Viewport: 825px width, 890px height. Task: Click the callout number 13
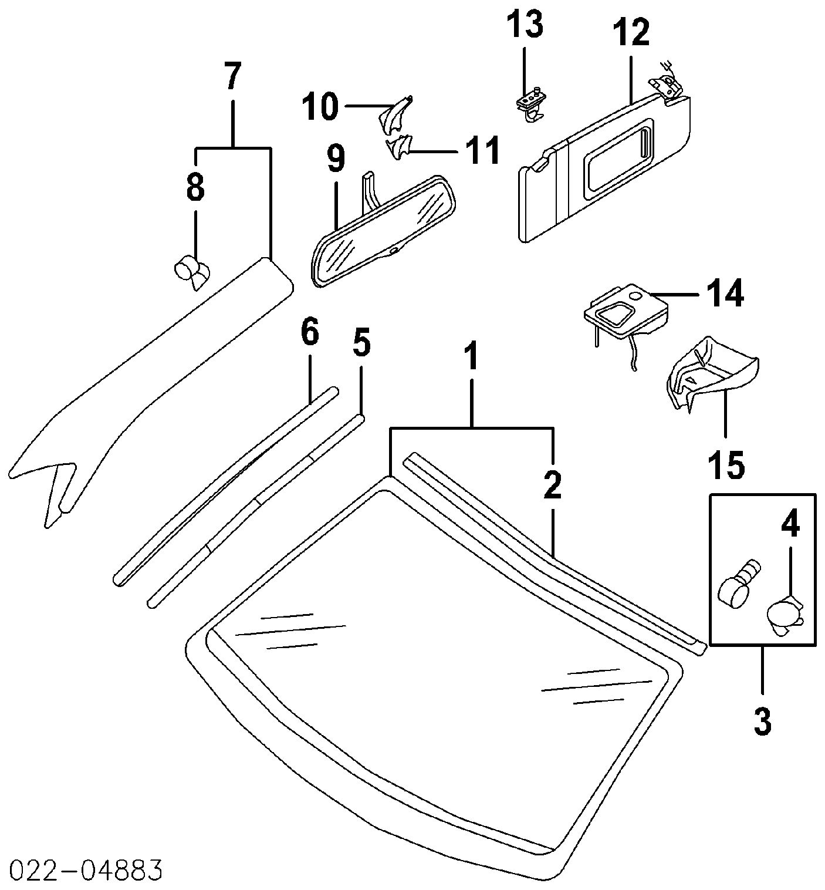pyautogui.click(x=526, y=25)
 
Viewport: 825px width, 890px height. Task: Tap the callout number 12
pyautogui.click(x=631, y=33)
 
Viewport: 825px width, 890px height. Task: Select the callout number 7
pyautogui.click(x=232, y=76)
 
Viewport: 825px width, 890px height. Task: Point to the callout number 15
pyautogui.click(x=726, y=464)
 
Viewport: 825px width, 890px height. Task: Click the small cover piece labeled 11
pyautogui.click(x=399, y=147)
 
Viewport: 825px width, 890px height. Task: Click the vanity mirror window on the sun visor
pyautogui.click(x=619, y=154)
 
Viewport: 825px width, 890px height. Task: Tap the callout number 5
pyautogui.click(x=361, y=343)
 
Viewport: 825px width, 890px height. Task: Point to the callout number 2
pyautogui.click(x=552, y=484)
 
